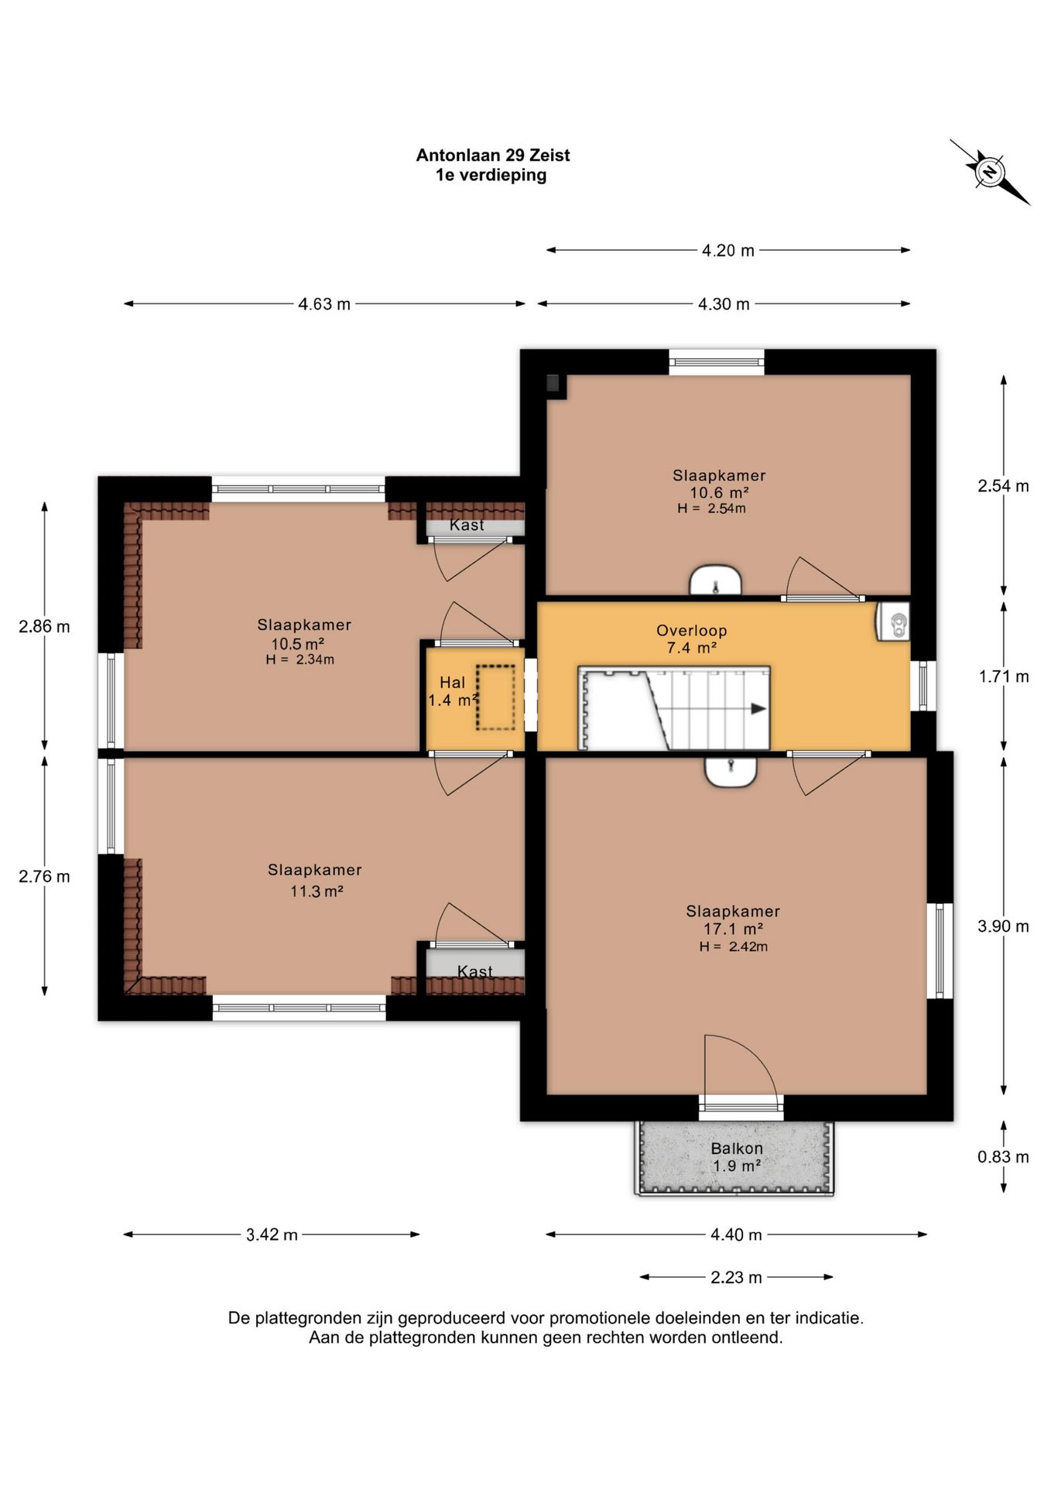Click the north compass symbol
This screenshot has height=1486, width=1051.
coord(990,172)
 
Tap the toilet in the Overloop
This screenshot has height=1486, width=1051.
coord(893,621)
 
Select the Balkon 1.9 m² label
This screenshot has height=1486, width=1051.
coord(737,1157)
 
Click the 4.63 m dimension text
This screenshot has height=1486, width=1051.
coord(324,304)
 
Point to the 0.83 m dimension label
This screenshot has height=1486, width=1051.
coord(1003,1157)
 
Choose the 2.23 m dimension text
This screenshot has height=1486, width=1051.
coord(736,1277)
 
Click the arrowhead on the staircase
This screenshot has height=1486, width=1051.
coord(758,709)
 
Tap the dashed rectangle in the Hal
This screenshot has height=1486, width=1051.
coord(495,697)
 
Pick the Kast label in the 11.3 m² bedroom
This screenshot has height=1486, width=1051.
coord(474,971)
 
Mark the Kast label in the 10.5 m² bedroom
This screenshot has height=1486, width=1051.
coord(467,525)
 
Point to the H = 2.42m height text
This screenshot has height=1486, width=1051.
coord(734,947)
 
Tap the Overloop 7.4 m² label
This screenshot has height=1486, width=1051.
coord(691,639)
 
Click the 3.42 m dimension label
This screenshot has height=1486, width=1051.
coord(272,1235)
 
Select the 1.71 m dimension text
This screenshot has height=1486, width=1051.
coord(1004,677)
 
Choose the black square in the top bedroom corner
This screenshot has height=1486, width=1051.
coord(553,382)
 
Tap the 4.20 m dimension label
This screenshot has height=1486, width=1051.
coord(727,251)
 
